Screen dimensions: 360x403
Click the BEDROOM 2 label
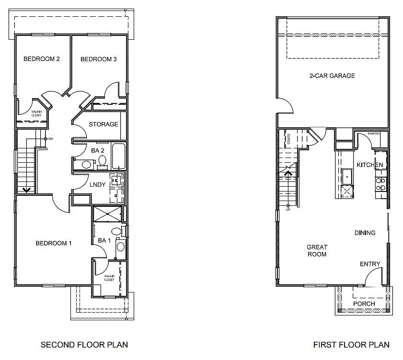pyautogui.click(x=42, y=59)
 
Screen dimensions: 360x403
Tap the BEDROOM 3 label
pyautogui.click(x=98, y=59)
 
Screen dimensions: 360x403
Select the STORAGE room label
pyautogui.click(x=103, y=124)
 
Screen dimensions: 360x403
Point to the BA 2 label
pyautogui.click(x=98, y=150)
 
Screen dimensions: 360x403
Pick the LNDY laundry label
pyautogui.click(x=98, y=184)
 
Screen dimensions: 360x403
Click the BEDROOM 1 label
pyautogui.click(x=54, y=243)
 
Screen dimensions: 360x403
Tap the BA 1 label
pyautogui.click(x=104, y=240)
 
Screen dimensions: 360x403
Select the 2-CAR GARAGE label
pyautogui.click(x=332, y=76)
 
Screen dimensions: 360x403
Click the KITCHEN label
pyautogui.click(x=369, y=165)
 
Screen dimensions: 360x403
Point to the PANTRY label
pyautogui.click(x=374, y=134)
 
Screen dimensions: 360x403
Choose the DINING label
pyautogui.click(x=365, y=233)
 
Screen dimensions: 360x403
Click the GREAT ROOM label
pyautogui.click(x=317, y=251)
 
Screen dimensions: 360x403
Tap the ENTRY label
pyautogui.click(x=369, y=264)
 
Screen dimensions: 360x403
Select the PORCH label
pyautogui.click(x=364, y=304)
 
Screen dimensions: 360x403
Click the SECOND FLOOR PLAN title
pyautogui.click(x=84, y=345)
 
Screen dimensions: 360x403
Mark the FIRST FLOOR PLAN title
pyautogui.click(x=351, y=345)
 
